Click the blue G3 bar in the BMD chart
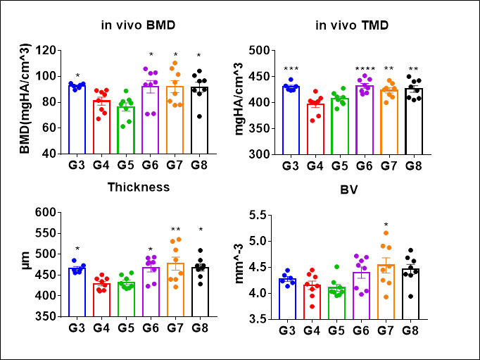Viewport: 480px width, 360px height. pos(76,120)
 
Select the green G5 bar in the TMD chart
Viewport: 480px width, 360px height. pos(339,127)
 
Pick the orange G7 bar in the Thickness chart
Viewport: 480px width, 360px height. pos(175,290)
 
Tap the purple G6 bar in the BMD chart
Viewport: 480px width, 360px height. pos(150,120)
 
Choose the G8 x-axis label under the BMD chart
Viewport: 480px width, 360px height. pos(200,166)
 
